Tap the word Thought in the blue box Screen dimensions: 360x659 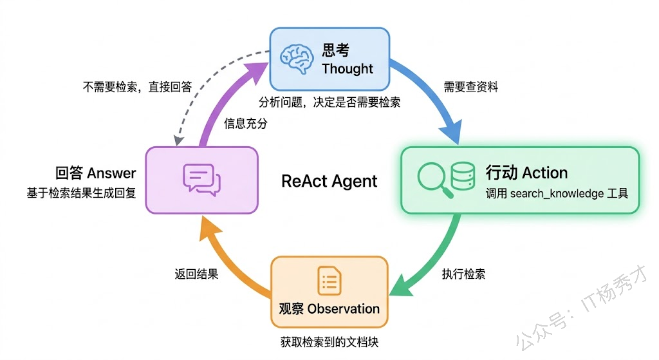348,69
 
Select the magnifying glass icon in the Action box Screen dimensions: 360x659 432,178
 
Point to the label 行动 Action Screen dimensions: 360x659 526,173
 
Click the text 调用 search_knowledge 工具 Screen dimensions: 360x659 557,194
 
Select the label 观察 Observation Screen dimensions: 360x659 329,308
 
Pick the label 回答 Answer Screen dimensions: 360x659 96,173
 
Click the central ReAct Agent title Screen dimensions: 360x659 329,181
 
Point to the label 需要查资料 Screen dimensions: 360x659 470,87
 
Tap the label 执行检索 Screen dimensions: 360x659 463,274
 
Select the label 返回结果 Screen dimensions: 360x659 196,274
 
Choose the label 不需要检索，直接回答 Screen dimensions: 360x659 136,87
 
